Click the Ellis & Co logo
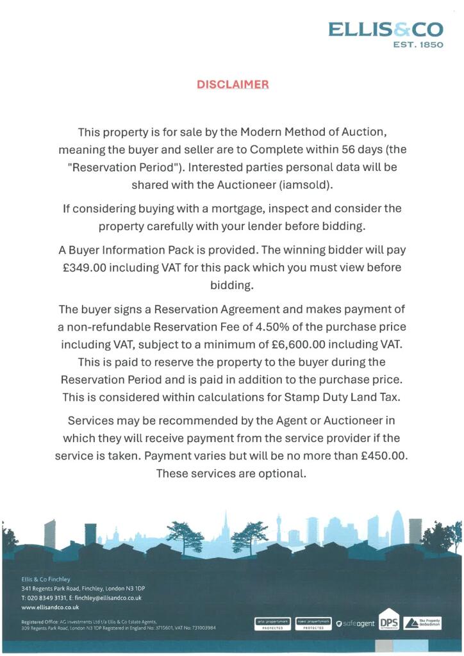(x=385, y=30)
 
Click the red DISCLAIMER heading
(x=233, y=85)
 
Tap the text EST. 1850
(x=417, y=45)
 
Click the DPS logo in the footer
(x=388, y=623)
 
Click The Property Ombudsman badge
(x=422, y=623)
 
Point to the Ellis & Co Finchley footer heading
(x=46, y=579)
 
